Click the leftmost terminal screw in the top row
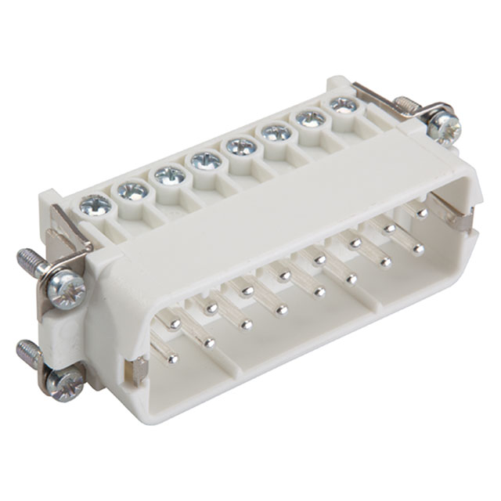[96, 205]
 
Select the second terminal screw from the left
[133, 189]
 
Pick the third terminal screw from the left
[170, 175]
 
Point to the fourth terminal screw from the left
[206, 161]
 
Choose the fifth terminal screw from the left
[241, 146]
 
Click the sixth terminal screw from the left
[276, 132]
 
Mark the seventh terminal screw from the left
[311, 118]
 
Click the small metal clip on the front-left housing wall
[139, 370]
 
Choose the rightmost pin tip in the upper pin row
[422, 212]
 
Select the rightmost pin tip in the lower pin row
[419, 250]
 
